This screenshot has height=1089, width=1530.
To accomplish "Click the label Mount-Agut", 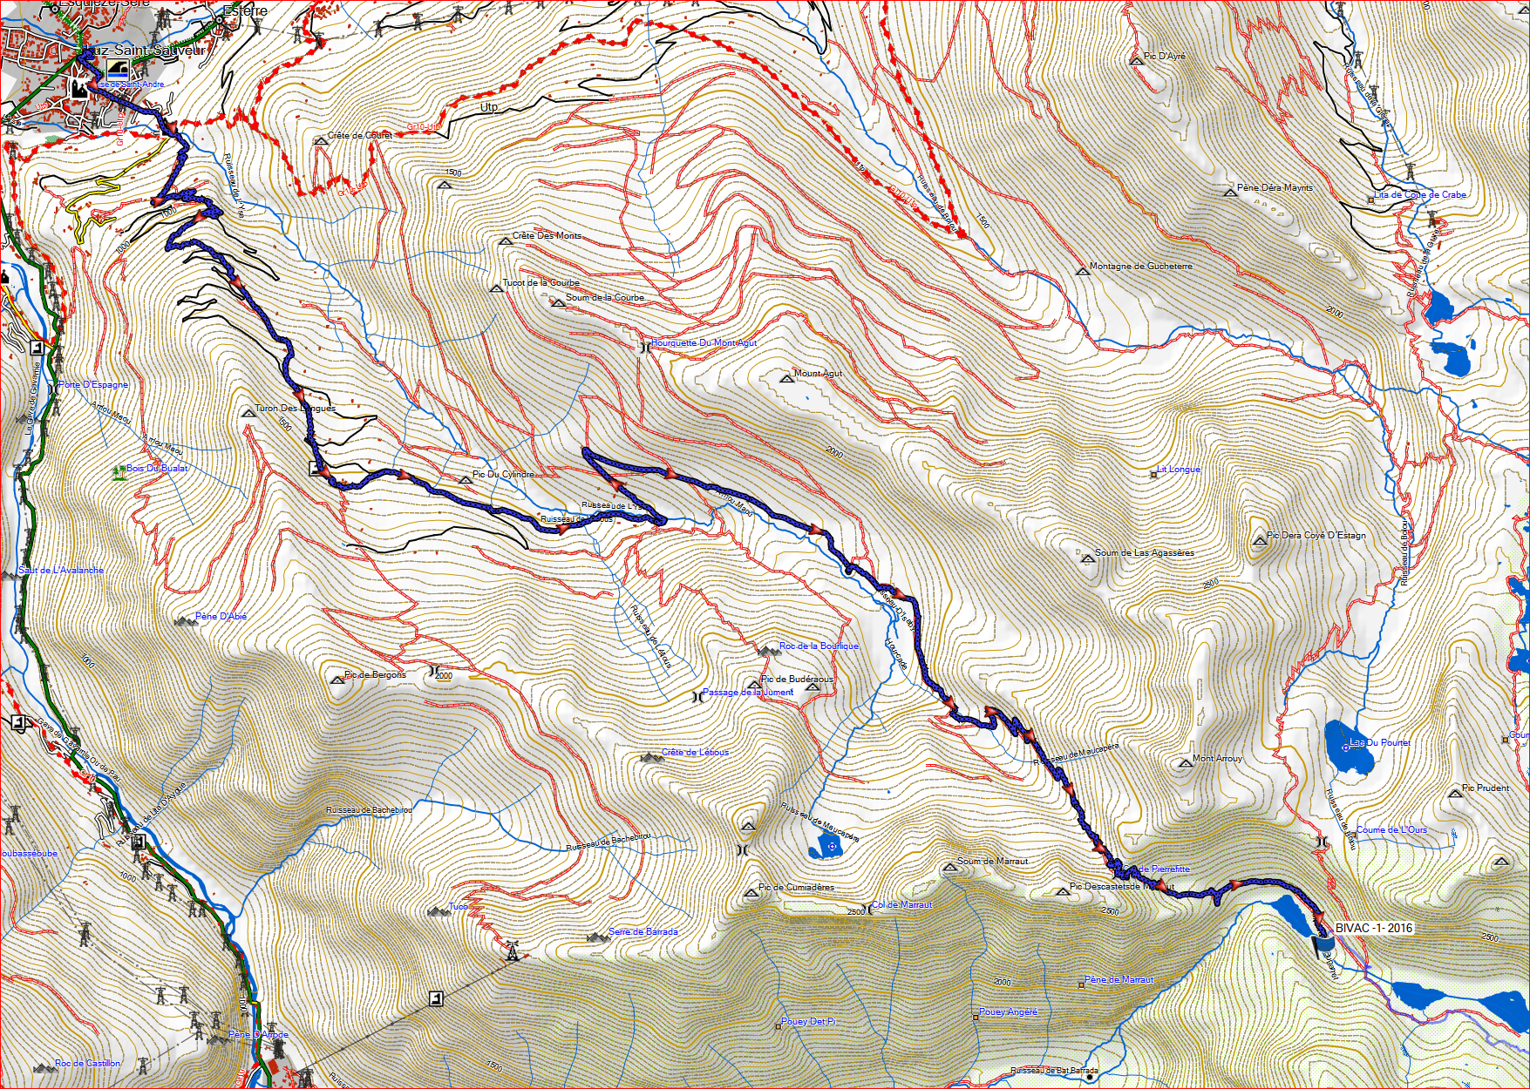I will coord(818,373).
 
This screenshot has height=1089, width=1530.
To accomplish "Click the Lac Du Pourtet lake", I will coord(1348,747).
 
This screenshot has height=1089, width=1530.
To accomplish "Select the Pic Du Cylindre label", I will coord(503,475).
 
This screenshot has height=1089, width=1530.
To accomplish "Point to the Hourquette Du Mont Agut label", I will coord(704,343).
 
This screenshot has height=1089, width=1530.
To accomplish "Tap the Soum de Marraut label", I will coord(992,861).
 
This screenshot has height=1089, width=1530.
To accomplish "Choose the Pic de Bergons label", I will coord(375,674).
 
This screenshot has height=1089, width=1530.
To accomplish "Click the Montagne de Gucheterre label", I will coord(1140,267).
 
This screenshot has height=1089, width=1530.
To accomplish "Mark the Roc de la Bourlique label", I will coord(819,646).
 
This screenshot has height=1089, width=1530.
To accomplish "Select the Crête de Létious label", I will coord(695,753).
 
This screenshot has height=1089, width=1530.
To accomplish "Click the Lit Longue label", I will coord(1179,470).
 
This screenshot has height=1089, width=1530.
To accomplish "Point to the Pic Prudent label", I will coord(1486,788).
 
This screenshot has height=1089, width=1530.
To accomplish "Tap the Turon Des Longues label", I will coord(295,408).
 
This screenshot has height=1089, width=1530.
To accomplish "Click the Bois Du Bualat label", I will coord(157,469).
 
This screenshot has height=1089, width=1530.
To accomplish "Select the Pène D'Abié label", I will coord(221,616).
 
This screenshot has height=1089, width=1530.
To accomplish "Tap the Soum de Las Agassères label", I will coord(1144,552).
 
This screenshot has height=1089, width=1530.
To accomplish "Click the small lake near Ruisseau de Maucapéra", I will coord(824,844).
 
